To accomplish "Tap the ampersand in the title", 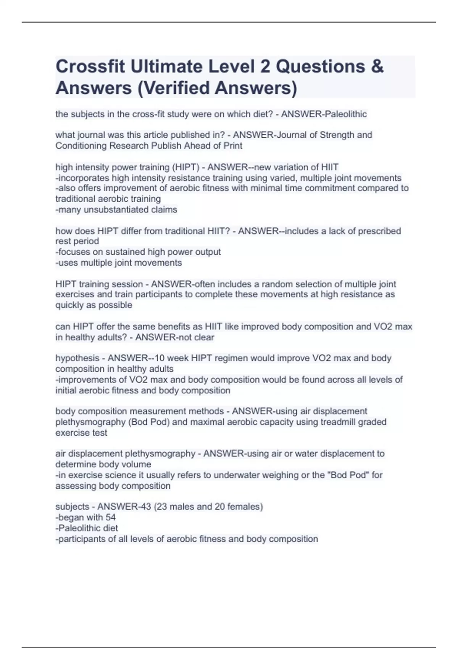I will point(377,66).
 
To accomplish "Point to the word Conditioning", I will point(81,146).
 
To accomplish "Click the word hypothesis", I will point(77,358).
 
